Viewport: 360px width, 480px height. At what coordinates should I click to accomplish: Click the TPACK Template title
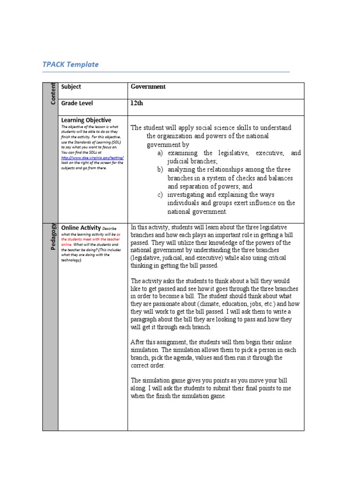point(70,65)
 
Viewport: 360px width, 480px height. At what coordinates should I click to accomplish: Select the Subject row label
point(71,87)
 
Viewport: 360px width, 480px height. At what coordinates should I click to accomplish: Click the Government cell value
point(148,87)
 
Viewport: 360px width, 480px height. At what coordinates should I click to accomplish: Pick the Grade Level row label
point(77,103)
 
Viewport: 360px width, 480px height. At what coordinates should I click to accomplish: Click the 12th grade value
point(136,103)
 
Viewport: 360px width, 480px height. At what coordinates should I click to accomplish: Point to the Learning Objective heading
point(86,120)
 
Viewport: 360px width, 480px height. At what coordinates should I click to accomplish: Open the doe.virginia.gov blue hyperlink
point(92,158)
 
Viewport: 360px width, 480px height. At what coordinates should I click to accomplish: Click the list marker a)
point(160,153)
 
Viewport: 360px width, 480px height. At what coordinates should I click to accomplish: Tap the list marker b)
point(160,170)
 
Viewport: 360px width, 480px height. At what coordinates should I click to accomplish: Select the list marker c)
point(160,195)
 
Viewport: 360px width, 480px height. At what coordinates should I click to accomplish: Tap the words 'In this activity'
point(150,227)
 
